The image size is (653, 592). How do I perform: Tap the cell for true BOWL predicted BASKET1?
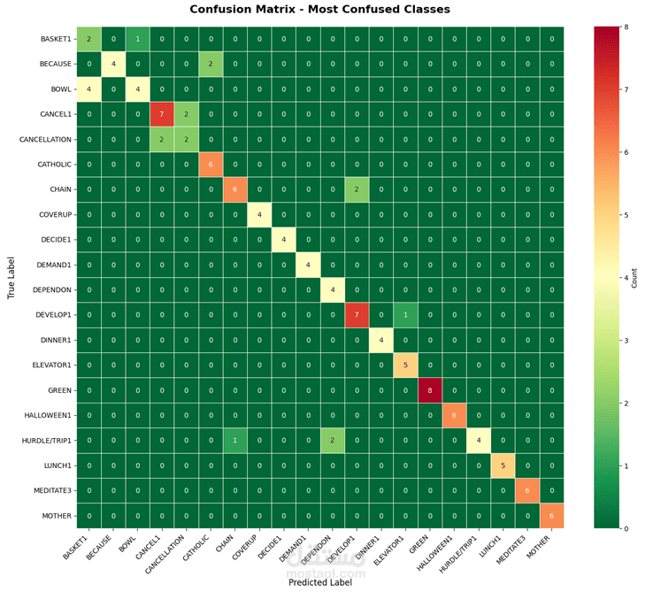[x=88, y=89]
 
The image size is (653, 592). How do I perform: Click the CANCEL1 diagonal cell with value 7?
[x=161, y=114]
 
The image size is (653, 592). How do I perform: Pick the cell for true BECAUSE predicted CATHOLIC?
[x=211, y=65]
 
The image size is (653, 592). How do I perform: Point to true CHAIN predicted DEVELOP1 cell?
[x=357, y=189]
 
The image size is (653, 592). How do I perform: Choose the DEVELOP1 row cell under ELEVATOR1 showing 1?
[x=406, y=315]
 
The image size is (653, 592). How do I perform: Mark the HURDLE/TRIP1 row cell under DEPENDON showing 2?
[x=333, y=440]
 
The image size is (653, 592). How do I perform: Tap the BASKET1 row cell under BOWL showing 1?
[x=137, y=39]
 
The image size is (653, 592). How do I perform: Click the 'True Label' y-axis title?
[x=12, y=277]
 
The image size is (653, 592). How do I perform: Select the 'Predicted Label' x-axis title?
[x=319, y=581]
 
